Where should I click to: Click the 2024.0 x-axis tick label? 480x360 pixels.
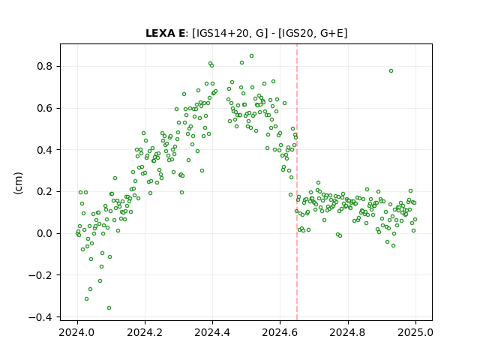pos(77,332)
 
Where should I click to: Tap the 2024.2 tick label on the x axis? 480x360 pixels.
pos(145,332)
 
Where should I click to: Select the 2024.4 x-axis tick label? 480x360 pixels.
pos(212,332)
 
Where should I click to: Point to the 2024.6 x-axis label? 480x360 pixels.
pos(280,332)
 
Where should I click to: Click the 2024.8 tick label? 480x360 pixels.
pos(348,332)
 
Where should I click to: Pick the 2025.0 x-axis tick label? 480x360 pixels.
pos(415,332)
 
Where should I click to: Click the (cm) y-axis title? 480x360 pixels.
pos(18,183)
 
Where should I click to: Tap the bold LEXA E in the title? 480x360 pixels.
pos(165,33)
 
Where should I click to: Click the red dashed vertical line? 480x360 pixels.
pos(297,182)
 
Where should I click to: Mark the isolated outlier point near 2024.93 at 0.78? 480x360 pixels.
pos(391,71)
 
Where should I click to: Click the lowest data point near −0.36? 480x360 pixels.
pos(109,308)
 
